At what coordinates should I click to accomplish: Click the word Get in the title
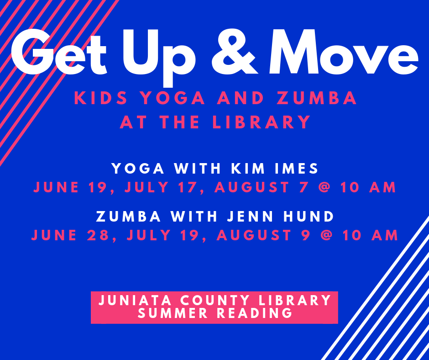pyautogui.click(x=59, y=52)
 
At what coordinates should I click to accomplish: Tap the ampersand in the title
pyautogui.click(x=235, y=52)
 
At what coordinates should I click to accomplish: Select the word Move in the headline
pyautogui.click(x=344, y=52)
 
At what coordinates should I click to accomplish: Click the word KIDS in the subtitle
pyautogui.click(x=101, y=98)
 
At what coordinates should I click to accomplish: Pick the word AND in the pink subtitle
pyautogui.click(x=241, y=98)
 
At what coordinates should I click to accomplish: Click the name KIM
pyautogui.click(x=248, y=168)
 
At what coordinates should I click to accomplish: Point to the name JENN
pyautogui.click(x=251, y=217)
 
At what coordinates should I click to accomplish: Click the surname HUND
pyautogui.click(x=309, y=217)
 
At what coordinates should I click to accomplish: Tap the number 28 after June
pyautogui.click(x=98, y=235)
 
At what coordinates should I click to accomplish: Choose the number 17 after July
pyautogui.click(x=186, y=187)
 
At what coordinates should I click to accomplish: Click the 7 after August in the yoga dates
pyautogui.click(x=303, y=187)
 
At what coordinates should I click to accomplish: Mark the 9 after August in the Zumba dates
pyautogui.click(x=306, y=235)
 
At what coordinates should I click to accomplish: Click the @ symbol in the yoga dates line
pyautogui.click(x=324, y=187)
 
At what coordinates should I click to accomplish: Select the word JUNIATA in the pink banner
pyautogui.click(x=135, y=300)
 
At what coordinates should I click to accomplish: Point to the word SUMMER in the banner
pyautogui.click(x=173, y=313)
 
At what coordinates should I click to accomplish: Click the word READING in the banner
pyautogui.click(x=255, y=313)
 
